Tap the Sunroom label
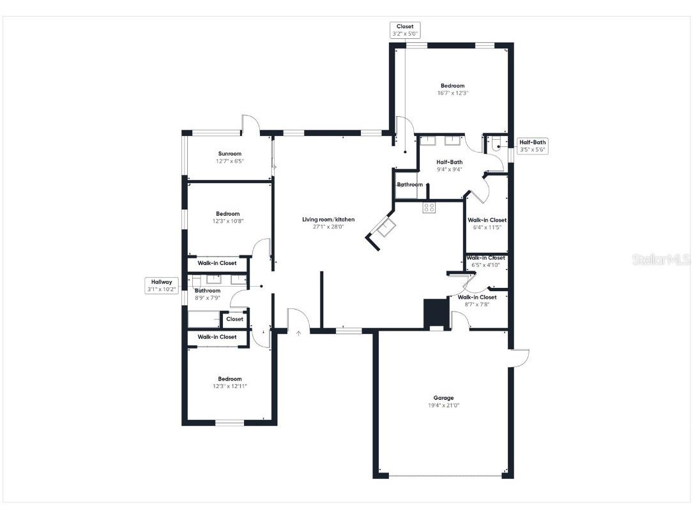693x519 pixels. click(230, 153)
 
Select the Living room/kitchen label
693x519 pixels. click(328, 220)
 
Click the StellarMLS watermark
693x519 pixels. click(661, 260)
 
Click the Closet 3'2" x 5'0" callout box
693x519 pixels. click(405, 30)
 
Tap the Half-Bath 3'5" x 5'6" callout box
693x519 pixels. click(532, 146)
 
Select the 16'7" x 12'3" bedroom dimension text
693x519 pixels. click(452, 93)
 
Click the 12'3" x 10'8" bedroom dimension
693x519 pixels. click(228, 222)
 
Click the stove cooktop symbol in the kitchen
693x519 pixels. click(429, 207)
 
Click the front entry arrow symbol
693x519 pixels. click(298, 332)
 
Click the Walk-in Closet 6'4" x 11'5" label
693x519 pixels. click(487, 220)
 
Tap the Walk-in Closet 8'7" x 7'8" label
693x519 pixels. click(477, 297)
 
